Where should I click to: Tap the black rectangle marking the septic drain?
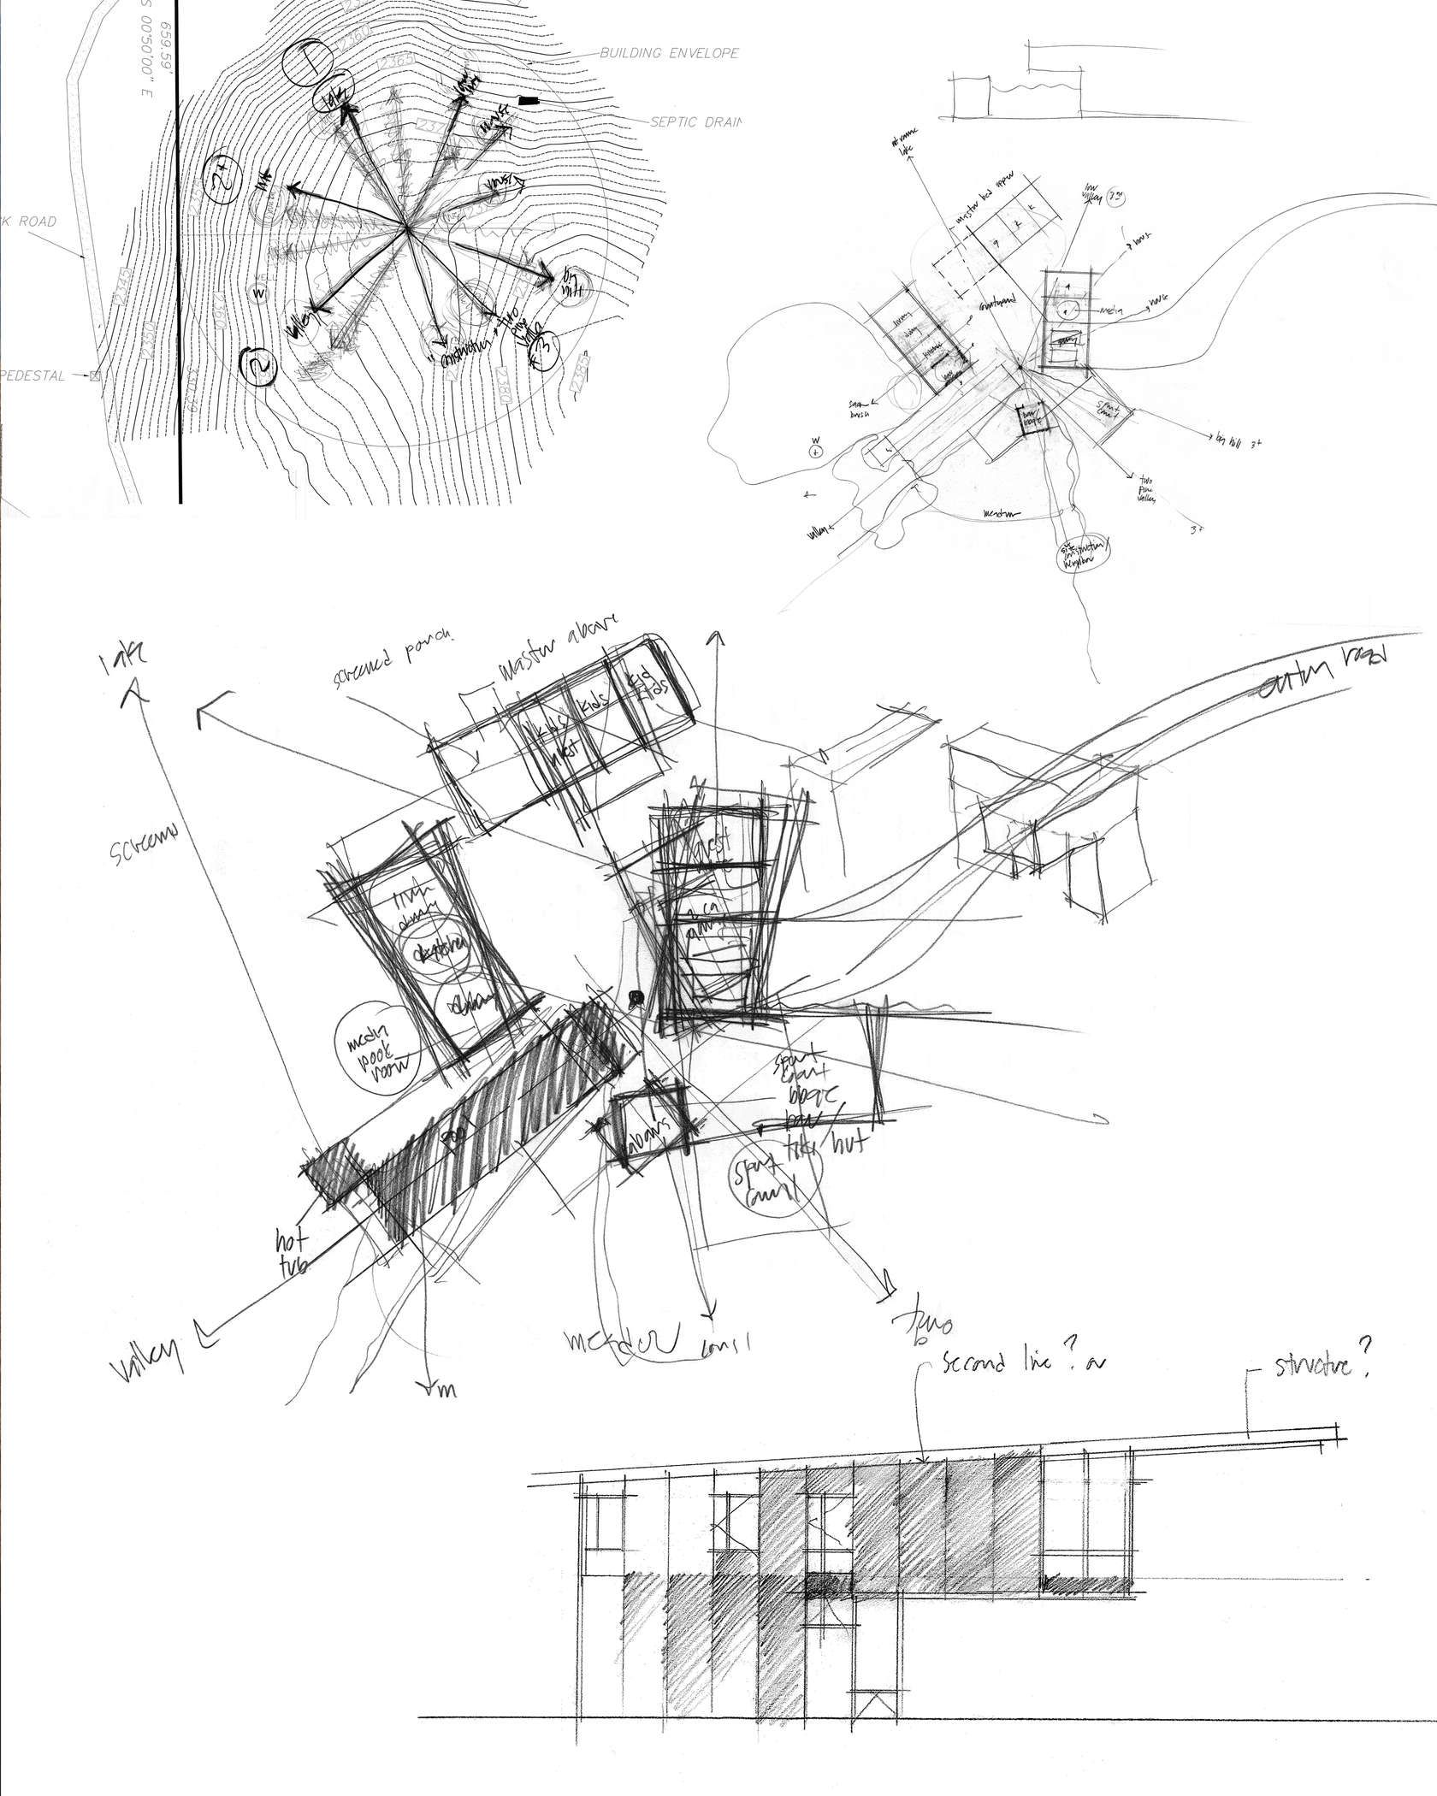tap(530, 102)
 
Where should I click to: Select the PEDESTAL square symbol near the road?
tap(94, 375)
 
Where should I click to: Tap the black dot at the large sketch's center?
tap(635, 995)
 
